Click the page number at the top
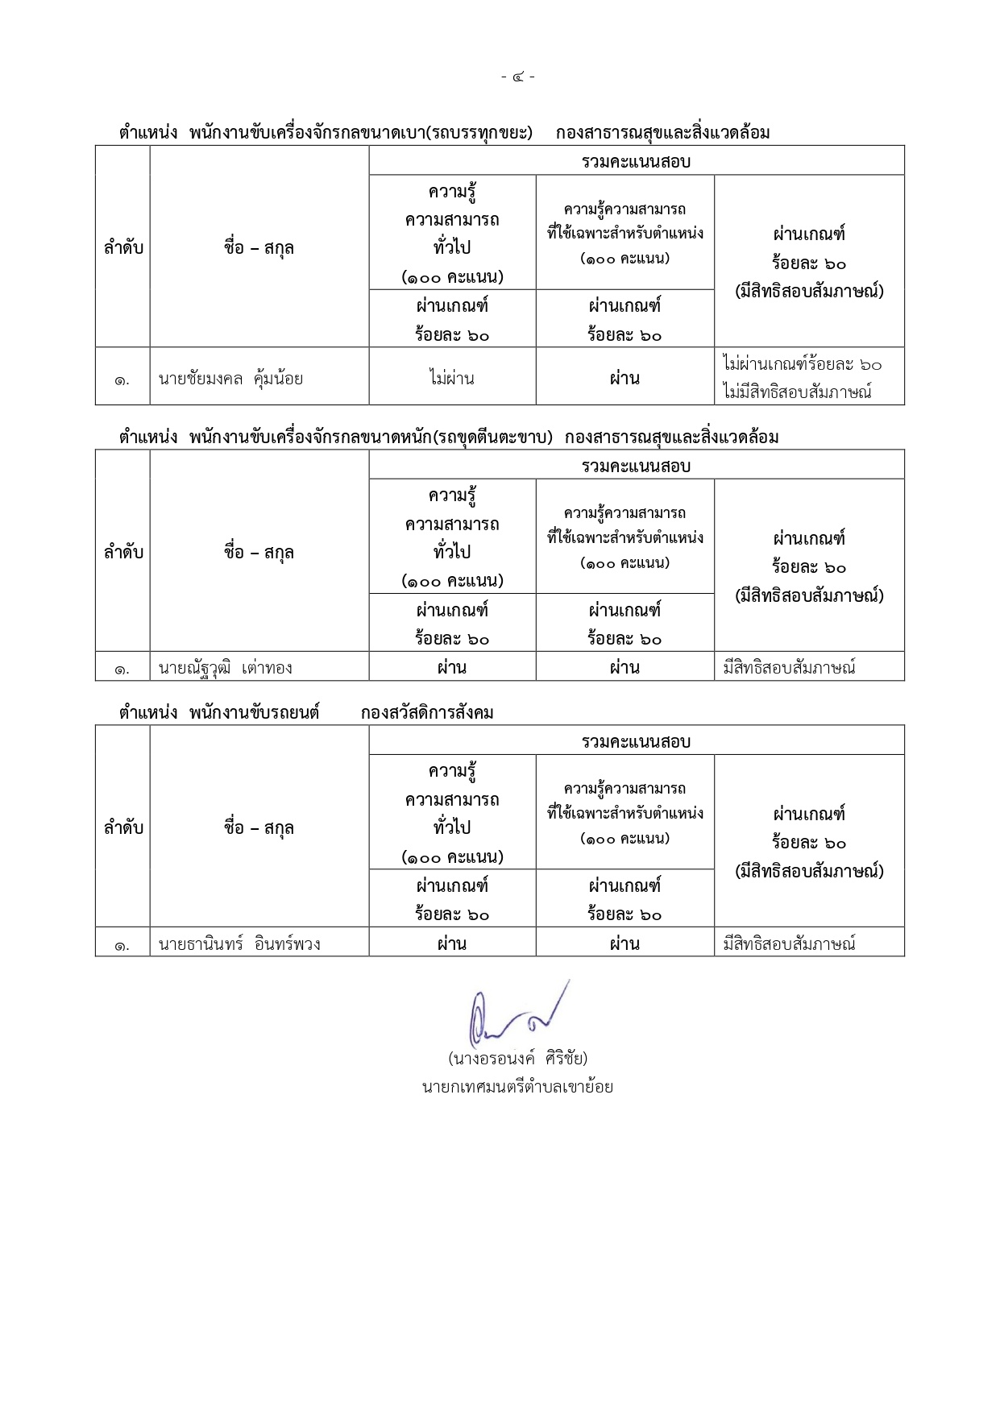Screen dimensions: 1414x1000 pos(517,77)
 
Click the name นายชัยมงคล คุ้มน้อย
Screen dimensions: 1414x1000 pos(230,378)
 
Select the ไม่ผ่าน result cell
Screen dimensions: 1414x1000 pos(451,378)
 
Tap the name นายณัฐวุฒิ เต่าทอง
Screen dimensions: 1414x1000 pos(225,667)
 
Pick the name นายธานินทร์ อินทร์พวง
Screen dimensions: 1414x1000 pos(239,943)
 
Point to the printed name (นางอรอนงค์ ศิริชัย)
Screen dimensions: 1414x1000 pos(517,1057)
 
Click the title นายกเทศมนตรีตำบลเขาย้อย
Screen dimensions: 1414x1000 pos(517,1086)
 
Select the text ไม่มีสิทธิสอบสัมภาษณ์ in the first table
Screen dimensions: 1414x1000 pos(797,392)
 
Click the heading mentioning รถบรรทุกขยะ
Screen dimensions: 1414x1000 pos(361,133)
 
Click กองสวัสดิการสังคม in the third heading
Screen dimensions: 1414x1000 pos(427,713)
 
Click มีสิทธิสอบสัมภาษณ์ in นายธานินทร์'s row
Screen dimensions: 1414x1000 pos(789,943)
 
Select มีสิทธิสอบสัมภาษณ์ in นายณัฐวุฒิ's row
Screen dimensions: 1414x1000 pos(789,667)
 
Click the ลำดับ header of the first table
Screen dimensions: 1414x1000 pos(122,247)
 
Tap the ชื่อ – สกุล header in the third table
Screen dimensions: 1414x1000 pos(259,827)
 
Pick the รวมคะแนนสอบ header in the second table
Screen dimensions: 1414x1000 pos(636,466)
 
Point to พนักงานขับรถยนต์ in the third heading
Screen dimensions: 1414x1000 pos(255,713)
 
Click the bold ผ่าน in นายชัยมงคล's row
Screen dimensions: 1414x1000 pos(624,378)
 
